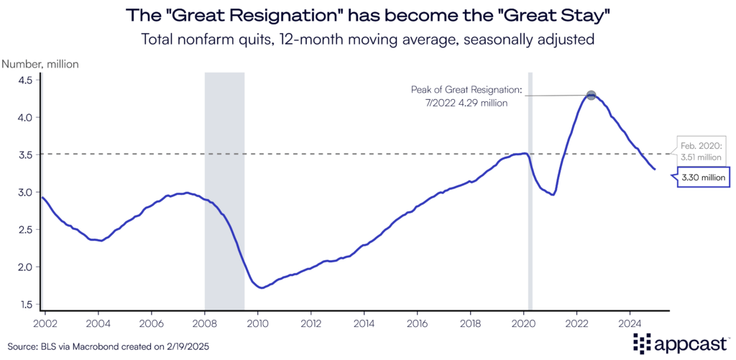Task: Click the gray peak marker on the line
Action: click(591, 96)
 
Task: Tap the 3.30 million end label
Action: click(704, 177)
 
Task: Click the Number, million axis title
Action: click(41, 64)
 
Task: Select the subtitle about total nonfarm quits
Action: click(368, 40)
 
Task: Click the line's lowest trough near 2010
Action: click(263, 287)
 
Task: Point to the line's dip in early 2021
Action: click(552, 195)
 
